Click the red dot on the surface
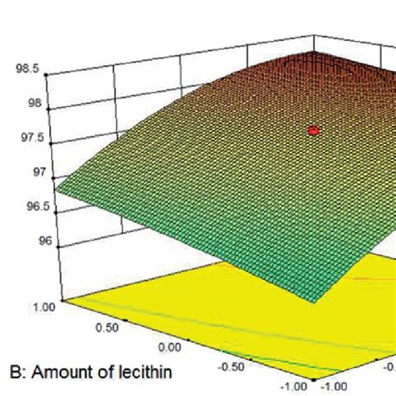[313, 130]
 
